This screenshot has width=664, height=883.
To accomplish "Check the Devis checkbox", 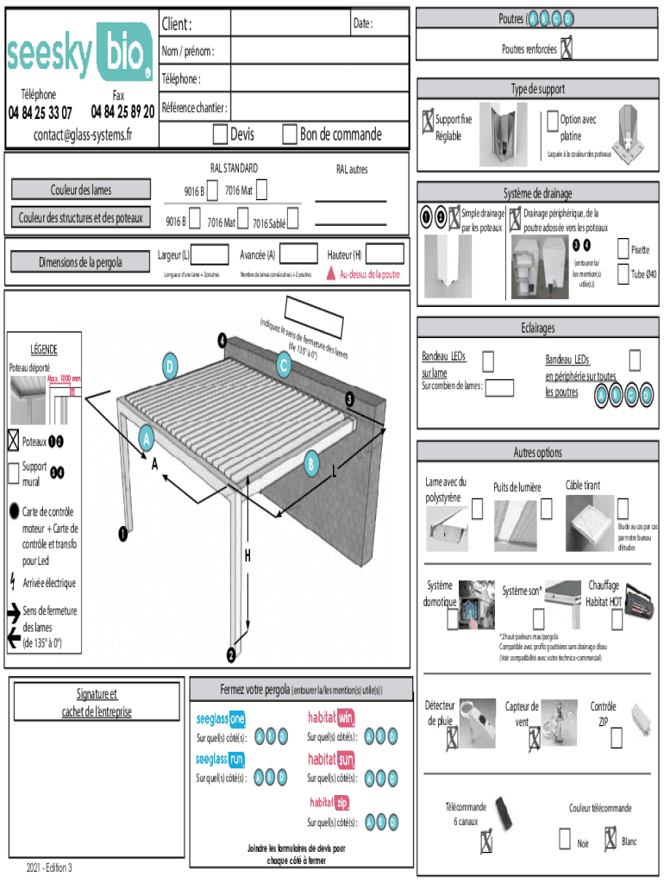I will coord(220,134).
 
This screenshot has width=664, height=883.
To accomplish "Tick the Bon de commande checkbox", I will coord(290,134).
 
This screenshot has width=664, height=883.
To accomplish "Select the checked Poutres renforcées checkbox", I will coord(567,49).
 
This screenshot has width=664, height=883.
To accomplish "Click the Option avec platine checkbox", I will coord(553,122).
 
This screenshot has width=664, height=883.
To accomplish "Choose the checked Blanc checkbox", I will coord(611,837).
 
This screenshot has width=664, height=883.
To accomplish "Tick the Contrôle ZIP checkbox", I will coord(616,738).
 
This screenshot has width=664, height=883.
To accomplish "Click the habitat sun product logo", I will coord(331,760).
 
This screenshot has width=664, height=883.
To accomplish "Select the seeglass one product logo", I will coord(221,719).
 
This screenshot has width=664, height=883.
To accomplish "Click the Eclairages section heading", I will coord(537,328).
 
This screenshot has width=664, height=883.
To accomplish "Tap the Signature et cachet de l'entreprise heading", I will coord(96,702).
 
